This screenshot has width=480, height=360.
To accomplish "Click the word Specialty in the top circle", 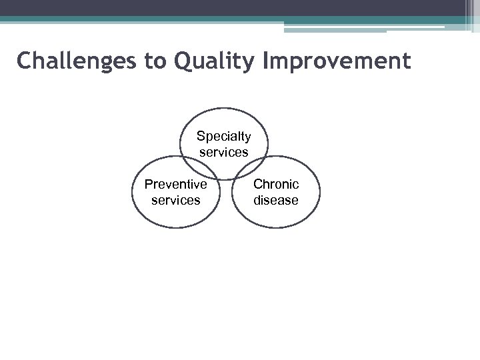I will [223, 137].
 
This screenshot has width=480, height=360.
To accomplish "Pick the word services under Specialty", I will [223, 152].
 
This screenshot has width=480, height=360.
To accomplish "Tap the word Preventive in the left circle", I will [175, 184].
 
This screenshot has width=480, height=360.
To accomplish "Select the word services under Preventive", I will [175, 200].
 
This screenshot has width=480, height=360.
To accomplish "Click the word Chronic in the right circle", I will [276, 184].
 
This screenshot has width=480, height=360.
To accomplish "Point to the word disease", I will [276, 200].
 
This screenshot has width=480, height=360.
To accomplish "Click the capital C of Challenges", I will [24, 61].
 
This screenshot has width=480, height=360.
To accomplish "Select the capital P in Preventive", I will [148, 184].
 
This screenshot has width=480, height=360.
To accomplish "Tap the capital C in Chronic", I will [257, 184].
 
